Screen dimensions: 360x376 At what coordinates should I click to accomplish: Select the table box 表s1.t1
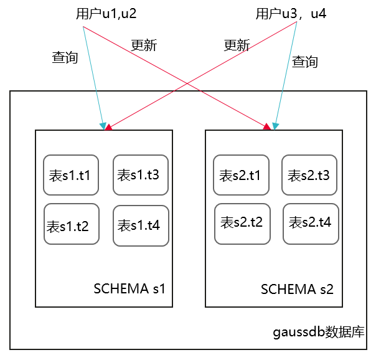[71, 175]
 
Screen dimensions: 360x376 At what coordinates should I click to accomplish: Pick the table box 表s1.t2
[72, 224]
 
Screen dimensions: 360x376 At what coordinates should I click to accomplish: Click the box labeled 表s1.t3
[141, 174]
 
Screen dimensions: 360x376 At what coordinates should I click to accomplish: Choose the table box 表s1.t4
[141, 225]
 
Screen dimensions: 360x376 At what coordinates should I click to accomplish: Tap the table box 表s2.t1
[241, 175]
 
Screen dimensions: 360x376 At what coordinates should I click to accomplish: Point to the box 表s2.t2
[242, 223]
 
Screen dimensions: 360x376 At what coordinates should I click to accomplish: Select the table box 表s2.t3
[310, 175]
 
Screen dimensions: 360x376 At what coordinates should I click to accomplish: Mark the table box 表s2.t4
[311, 223]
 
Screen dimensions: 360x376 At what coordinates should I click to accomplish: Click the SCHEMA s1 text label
[129, 288]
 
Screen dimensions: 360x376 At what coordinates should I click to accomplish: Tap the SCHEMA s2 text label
[297, 290]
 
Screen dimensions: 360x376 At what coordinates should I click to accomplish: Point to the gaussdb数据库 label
[319, 331]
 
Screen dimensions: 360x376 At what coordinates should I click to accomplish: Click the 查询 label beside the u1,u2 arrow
[65, 58]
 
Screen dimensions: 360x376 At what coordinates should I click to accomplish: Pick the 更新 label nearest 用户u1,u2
[144, 45]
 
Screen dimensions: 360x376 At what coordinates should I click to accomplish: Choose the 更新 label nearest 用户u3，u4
[237, 45]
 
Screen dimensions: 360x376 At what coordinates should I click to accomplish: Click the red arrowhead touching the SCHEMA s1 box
[109, 127]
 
